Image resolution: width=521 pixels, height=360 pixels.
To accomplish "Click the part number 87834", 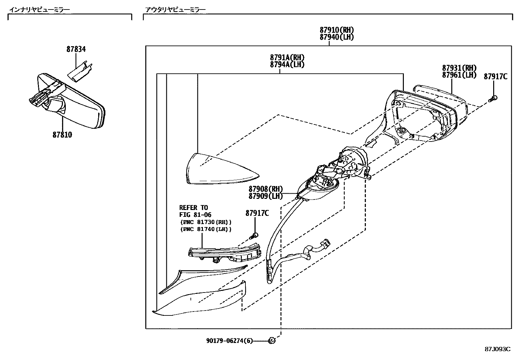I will tap(76, 49).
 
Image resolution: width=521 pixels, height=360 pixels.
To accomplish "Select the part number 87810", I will tap(62, 135).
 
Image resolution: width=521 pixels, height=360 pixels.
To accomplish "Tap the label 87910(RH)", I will tap(337, 30).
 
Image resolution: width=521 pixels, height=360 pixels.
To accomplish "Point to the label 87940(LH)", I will tap(337, 37).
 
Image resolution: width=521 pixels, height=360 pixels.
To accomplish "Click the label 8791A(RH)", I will tap(287, 58).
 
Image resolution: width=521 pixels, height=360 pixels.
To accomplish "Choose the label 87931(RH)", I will tap(459, 68).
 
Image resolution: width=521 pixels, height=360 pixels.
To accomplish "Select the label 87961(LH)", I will tap(459, 75).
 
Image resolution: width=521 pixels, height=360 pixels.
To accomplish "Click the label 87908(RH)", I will tap(265, 189).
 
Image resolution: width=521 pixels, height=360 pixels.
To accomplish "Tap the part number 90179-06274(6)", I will tap(229, 341).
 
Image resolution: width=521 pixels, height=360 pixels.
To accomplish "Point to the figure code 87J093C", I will tap(497, 349).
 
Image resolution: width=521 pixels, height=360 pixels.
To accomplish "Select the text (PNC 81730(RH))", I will tap(206, 222).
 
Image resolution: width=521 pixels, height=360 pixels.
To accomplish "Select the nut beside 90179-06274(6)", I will tap(271, 341).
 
